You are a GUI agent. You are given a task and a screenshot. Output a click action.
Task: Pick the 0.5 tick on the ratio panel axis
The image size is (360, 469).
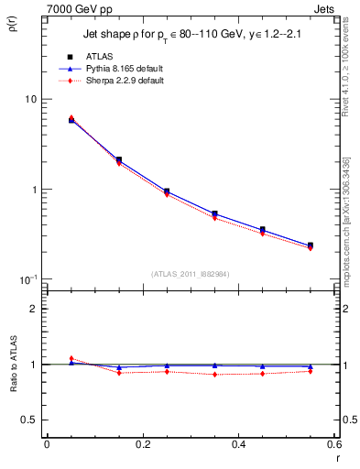(29, 420)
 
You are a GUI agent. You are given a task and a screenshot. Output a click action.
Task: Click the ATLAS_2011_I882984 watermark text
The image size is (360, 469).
(191, 273)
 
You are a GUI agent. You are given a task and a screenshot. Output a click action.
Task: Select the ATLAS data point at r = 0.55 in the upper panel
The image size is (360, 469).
(311, 245)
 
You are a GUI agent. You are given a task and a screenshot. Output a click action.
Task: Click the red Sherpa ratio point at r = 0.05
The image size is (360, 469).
(71, 358)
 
